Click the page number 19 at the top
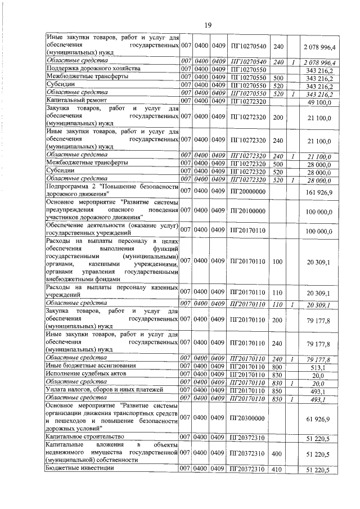(x=208, y=25)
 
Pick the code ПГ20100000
(x=248, y=210)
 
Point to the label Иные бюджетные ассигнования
(x=85, y=366)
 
